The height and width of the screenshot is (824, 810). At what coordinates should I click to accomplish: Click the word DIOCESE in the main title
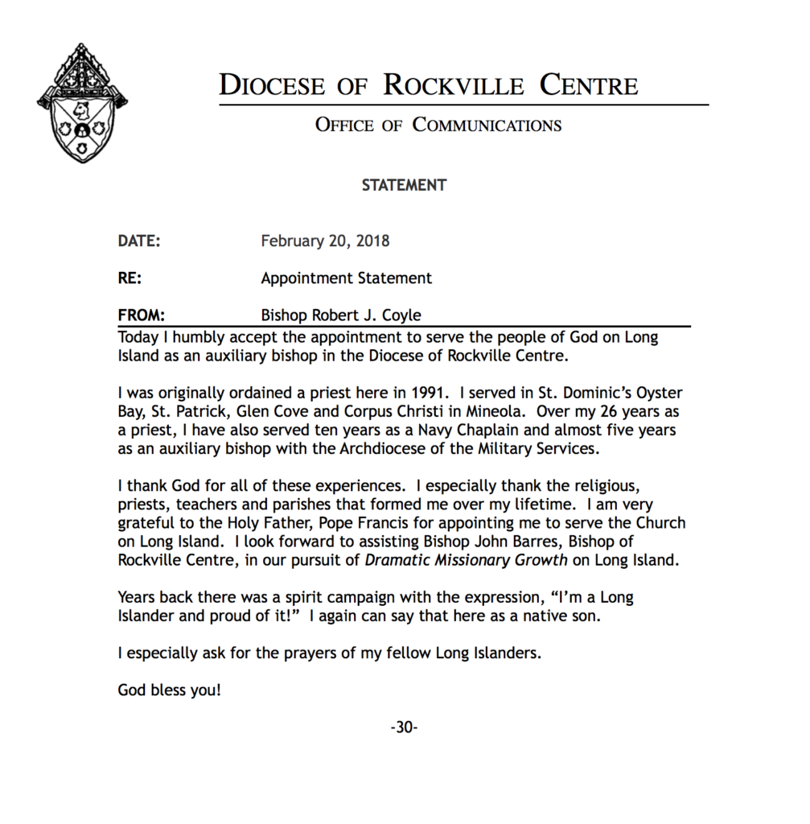click(x=271, y=86)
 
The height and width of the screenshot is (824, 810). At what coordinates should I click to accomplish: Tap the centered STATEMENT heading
click(x=404, y=185)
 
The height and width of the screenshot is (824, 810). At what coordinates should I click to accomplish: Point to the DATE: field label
click(x=139, y=241)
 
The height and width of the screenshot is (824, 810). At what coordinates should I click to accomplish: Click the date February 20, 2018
click(x=325, y=241)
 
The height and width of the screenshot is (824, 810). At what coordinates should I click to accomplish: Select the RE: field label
click(x=130, y=278)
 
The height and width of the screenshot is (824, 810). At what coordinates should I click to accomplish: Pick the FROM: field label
click(x=142, y=315)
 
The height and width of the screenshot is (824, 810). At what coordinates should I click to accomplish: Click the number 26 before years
click(x=600, y=411)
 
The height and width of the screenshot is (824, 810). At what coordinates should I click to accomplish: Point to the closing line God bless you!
click(x=169, y=690)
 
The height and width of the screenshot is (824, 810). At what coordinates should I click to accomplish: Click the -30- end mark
click(x=404, y=728)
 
